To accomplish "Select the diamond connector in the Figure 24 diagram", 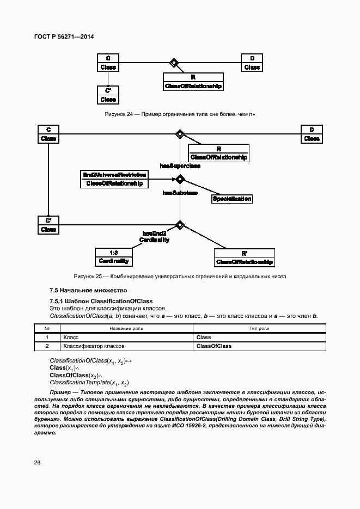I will [174, 63].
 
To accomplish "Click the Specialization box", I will [231, 199].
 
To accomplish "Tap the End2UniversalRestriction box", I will [114, 179].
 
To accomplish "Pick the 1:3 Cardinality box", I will [113, 257].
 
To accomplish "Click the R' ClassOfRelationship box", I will [244, 257].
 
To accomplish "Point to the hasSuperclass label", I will [180, 165].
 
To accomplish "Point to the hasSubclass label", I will [180, 193].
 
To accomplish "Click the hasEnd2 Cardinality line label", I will [154, 236].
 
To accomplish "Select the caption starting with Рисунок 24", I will [180, 114].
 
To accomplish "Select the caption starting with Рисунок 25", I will [180, 277].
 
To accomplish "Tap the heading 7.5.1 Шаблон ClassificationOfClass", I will [101, 301].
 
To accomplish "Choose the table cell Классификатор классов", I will [94, 346].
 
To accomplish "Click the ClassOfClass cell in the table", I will [213, 346].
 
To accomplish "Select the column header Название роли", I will [127, 328].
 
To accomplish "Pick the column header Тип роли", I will [259, 328].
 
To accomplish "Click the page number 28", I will [37, 463].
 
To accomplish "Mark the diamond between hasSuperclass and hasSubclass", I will [179, 179].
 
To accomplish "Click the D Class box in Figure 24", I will [252, 63].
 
